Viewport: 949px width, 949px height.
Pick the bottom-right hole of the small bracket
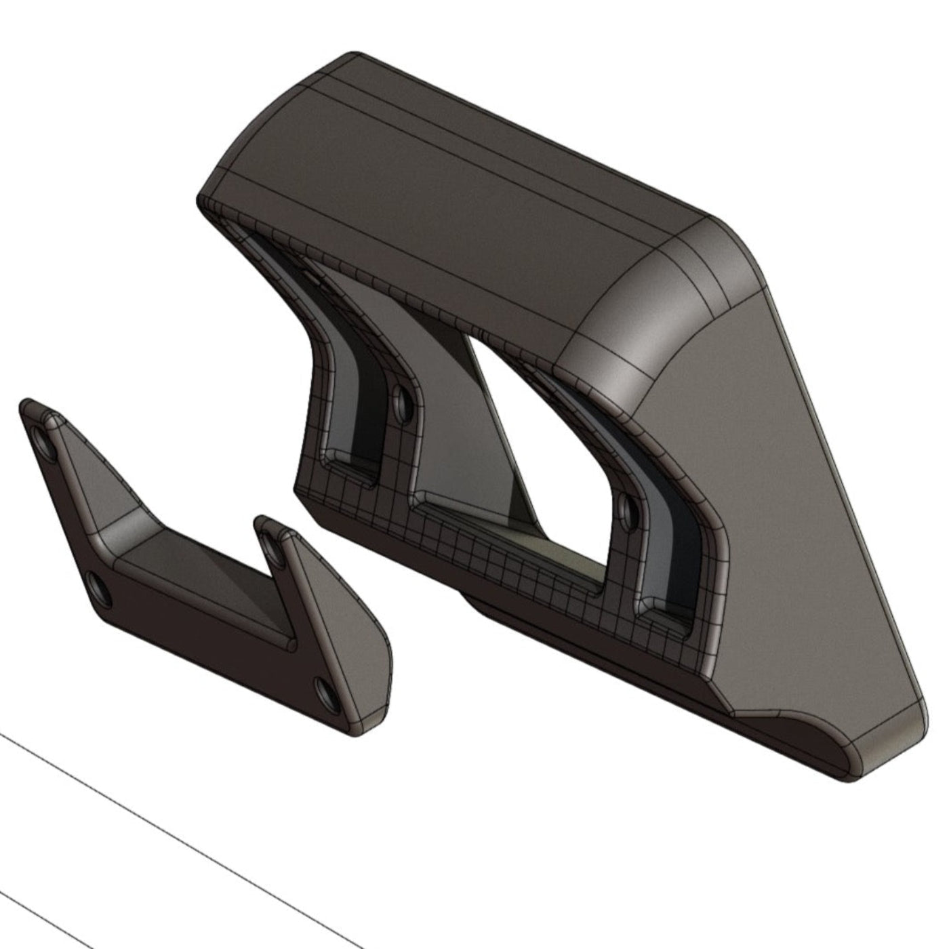click(x=325, y=691)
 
